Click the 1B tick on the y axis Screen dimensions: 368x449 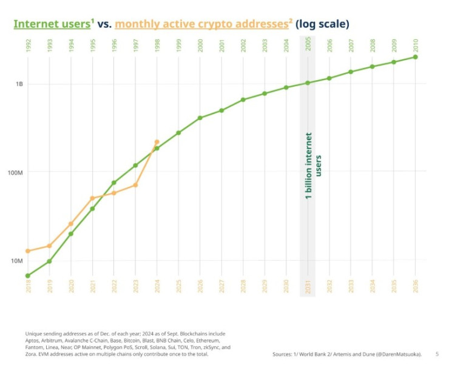click(19, 84)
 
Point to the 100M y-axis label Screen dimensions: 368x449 click(16, 172)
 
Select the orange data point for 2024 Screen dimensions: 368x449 click(157, 142)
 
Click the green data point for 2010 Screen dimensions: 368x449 click(416, 57)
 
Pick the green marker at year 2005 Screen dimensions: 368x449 click(308, 83)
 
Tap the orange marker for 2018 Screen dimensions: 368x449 click(28, 251)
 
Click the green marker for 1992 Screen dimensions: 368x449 click(28, 276)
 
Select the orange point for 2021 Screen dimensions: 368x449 click(92, 198)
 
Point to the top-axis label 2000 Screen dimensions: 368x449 click(200, 46)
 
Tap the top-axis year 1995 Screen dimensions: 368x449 click(92, 46)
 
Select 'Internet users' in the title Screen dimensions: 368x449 click(52, 24)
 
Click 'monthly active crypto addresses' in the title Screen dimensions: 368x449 click(201, 24)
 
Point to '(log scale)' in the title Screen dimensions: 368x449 click(322, 24)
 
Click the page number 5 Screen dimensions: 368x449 click(437, 353)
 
